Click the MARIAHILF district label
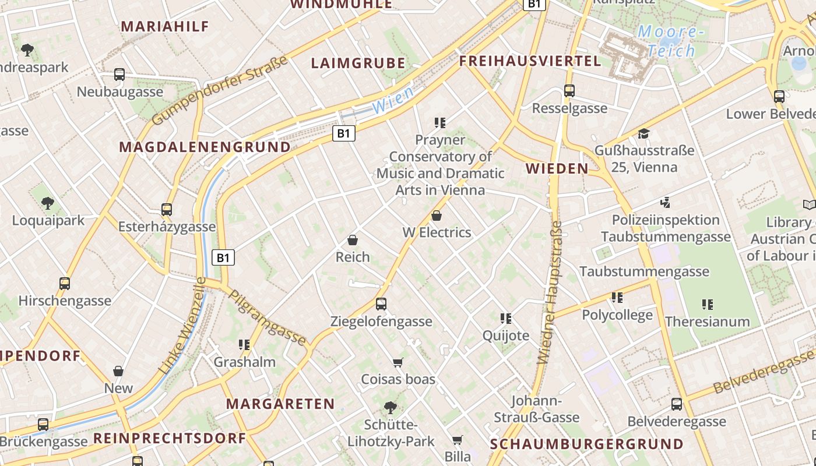point(164,26)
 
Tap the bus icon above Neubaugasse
point(119,75)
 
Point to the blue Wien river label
point(393,100)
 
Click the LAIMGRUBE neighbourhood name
point(358,63)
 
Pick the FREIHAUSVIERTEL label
point(530,61)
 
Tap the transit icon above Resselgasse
point(569,91)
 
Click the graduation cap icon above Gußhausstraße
point(643,134)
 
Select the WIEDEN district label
point(557,169)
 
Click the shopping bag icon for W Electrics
point(437,216)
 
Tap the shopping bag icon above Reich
point(353,240)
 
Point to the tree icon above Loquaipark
point(48,203)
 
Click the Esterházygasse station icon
point(167,210)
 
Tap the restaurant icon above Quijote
point(506,319)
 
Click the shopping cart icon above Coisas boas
point(398,363)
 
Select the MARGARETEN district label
point(280,404)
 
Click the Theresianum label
point(707,322)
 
